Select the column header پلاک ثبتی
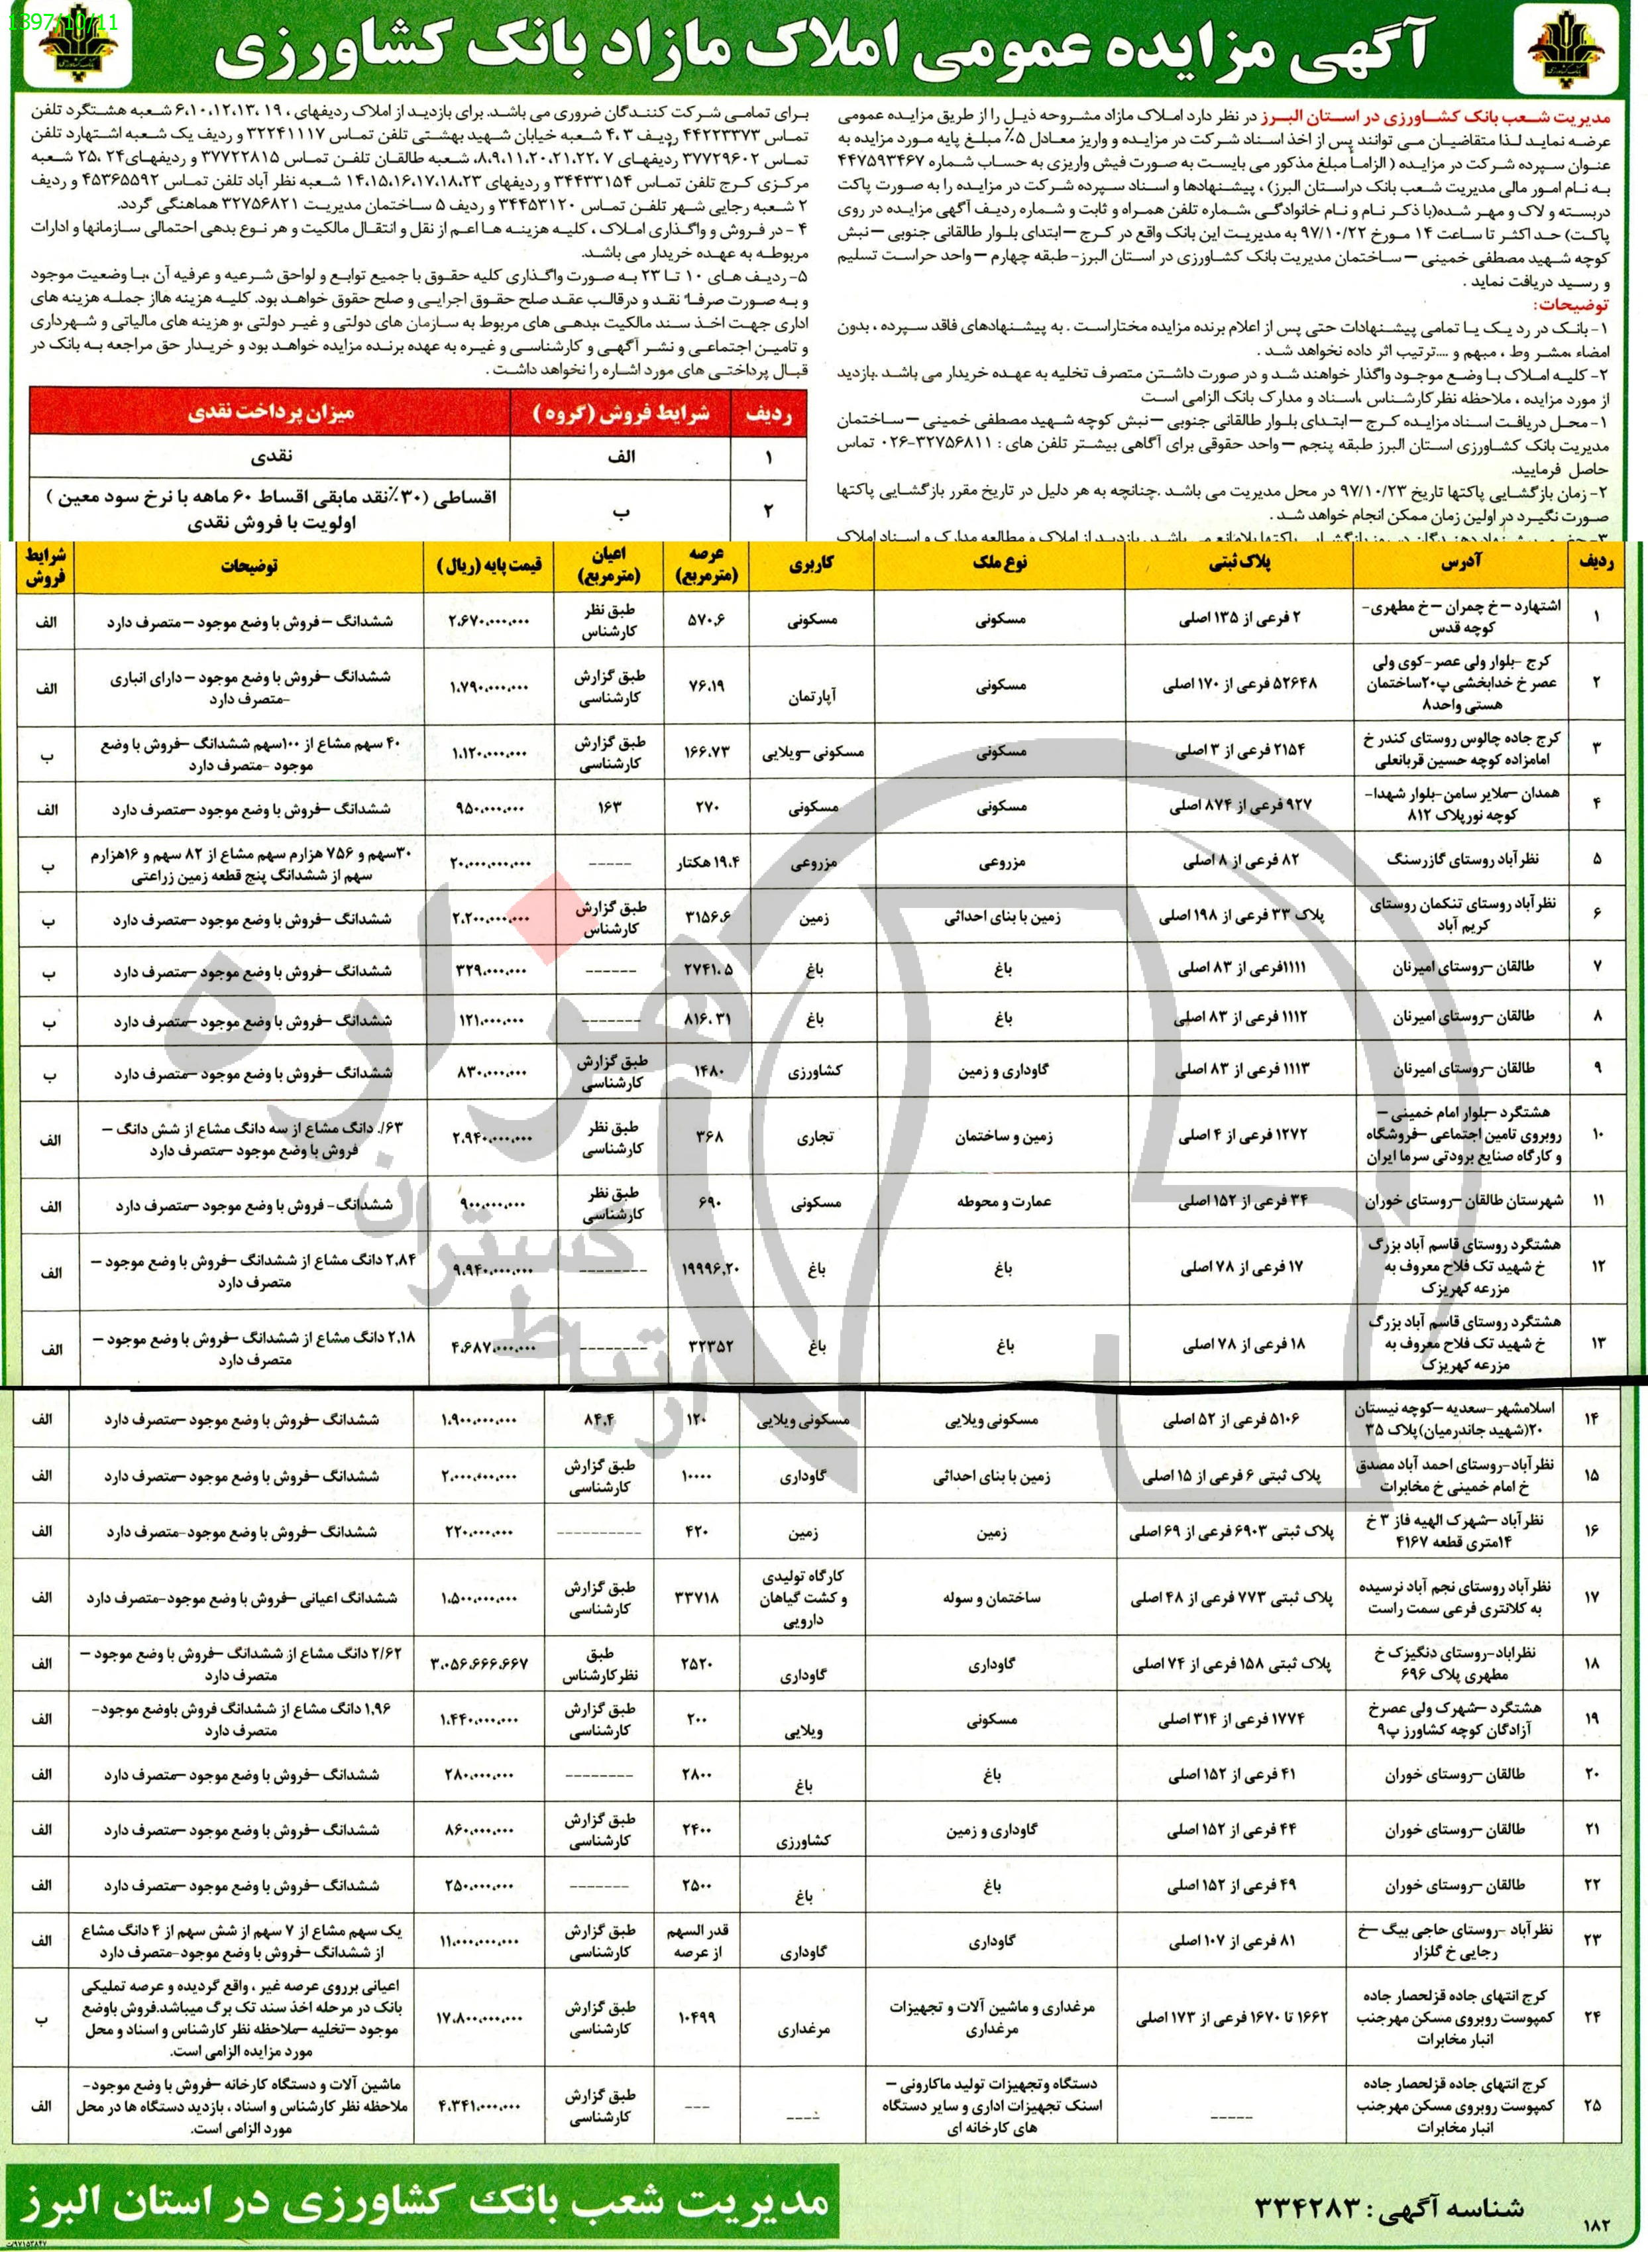click(1239, 564)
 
